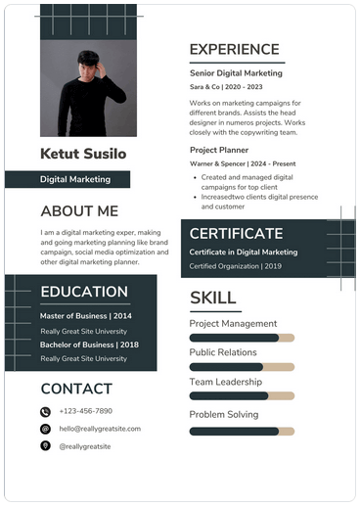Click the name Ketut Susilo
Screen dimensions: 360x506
point(83,154)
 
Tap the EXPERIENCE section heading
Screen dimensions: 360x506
point(234,50)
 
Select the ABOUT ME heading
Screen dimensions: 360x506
point(79,210)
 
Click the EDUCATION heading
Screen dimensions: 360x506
point(84,292)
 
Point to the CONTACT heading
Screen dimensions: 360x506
point(76,389)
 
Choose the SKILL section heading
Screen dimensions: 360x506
point(212,298)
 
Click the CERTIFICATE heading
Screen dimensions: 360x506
point(236,233)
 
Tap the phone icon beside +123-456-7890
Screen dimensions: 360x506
point(45,412)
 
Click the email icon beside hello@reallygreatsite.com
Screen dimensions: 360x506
point(45,429)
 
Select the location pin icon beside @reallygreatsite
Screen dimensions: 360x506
point(45,445)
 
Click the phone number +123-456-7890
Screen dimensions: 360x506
point(86,412)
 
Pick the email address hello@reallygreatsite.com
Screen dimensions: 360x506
point(100,429)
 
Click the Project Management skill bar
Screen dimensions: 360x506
point(241,339)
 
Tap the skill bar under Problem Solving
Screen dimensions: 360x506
point(241,431)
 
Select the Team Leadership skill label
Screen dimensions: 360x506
point(226,383)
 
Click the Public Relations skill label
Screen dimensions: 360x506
point(223,352)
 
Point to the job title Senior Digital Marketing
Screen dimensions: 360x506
point(236,73)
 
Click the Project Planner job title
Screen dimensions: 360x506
point(220,150)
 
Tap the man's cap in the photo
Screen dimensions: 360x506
point(89,57)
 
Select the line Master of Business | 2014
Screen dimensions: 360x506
point(86,316)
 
